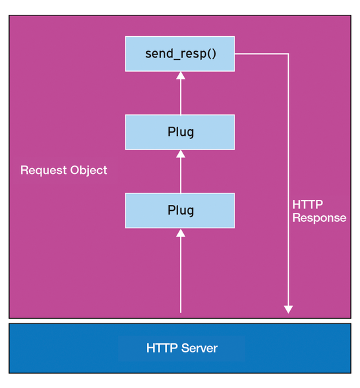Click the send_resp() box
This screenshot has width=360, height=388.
pos(180,54)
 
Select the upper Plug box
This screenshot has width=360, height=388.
pos(180,132)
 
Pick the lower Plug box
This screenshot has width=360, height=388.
pos(180,211)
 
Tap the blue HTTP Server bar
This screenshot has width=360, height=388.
pos(180,348)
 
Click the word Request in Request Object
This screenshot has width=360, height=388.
pos(43,171)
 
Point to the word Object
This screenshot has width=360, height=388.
pos(89,171)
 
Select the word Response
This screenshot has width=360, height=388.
pos(319,219)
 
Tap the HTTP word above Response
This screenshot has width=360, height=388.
pos(308,204)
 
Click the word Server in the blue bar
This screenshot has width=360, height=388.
pos(199,348)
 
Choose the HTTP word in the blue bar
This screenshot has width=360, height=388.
pos(162,348)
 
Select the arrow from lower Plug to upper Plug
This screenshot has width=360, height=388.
pos(181,171)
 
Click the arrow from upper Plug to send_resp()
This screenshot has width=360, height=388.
pos(181,93)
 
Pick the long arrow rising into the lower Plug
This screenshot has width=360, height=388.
pos(181,271)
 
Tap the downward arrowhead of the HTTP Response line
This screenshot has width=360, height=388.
pos(288,310)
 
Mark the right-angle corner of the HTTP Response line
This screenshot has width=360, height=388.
pos(288,54)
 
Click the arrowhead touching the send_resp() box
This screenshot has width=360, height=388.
pos(181,76)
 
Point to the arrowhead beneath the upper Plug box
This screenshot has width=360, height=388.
pos(181,154)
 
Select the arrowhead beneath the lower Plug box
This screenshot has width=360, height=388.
pos(181,233)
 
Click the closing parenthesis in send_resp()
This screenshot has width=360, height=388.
pos(214,54)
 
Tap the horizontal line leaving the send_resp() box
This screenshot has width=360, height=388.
pos(262,54)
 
